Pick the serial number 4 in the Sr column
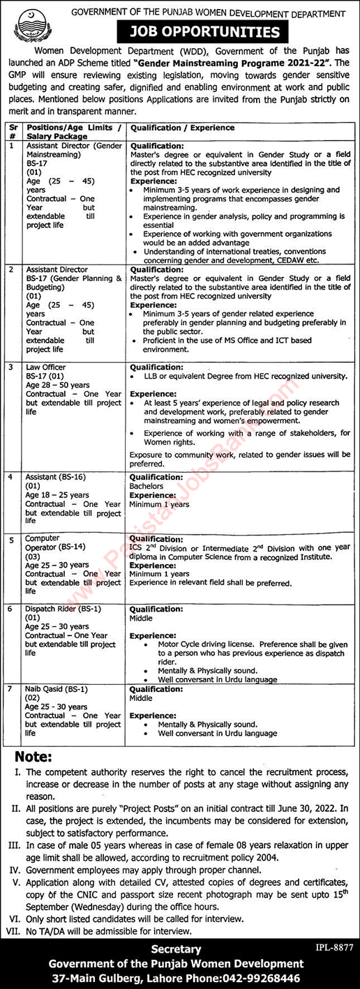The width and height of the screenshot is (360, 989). pos(10,477)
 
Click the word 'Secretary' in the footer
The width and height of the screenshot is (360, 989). pos(179,949)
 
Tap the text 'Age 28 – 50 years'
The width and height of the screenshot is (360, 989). pos(58,385)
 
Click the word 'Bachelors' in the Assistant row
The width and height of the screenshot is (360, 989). pos(146,486)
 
